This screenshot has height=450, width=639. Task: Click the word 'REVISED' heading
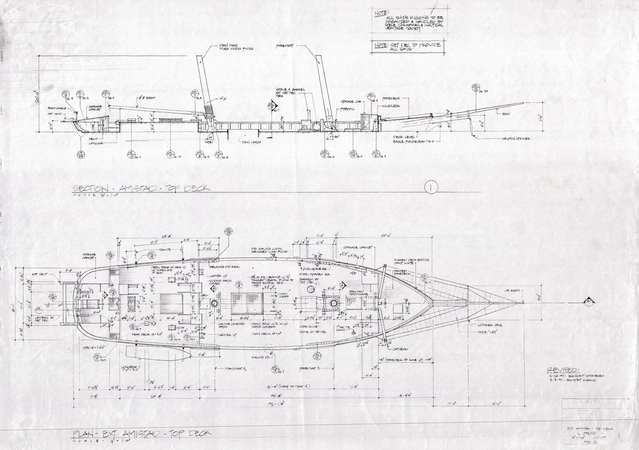562,369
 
